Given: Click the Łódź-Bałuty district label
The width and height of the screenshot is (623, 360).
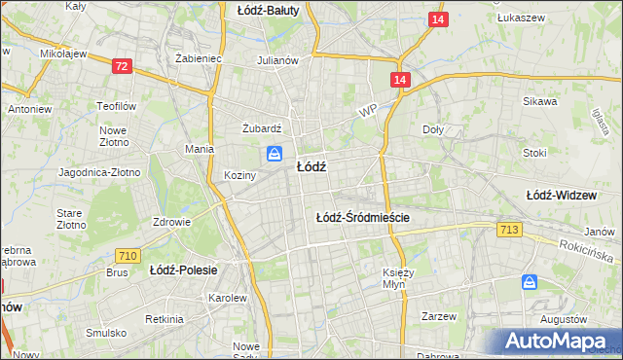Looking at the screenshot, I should pos(269,10).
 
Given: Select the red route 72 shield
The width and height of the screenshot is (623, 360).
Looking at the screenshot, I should pos(122,66).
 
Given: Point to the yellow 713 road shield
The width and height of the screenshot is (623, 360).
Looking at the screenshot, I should pos(507,229).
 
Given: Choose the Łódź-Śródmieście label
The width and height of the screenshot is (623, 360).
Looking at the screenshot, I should pos(363,218).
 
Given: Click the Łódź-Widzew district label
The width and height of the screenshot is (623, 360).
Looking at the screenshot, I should pos(561,195).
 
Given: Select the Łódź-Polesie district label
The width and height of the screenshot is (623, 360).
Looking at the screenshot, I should pos(183,269).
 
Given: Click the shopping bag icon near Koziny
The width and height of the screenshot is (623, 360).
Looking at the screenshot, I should pos(274,154).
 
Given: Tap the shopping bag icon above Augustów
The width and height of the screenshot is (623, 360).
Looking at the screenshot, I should pos(530,281).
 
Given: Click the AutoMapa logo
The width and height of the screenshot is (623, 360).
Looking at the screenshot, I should pos(557,342).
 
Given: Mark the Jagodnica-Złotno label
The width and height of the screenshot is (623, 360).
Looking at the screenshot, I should pos(100,172).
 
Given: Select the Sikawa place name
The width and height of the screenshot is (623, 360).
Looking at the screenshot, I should pos(539,101).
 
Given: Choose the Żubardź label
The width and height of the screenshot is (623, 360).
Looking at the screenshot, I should pos(261,126).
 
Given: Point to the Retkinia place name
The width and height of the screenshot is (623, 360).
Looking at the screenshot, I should pos(164,319).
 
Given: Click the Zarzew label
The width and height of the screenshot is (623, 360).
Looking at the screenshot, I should pos(439,316).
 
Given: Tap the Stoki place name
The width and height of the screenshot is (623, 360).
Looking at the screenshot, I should pos(534,153).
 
